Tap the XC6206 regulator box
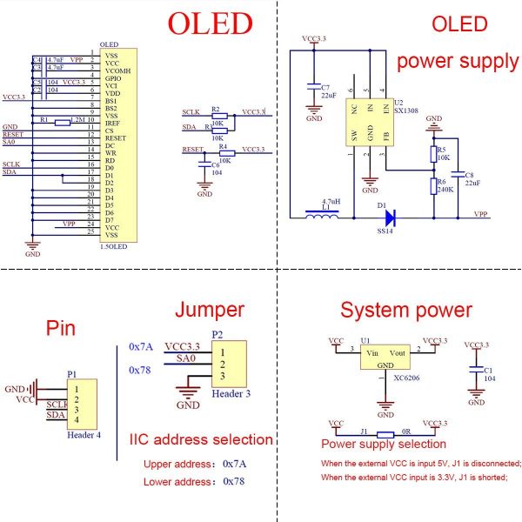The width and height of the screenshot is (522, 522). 385,360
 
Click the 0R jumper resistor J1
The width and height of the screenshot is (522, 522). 385,432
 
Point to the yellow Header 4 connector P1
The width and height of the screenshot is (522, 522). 83,403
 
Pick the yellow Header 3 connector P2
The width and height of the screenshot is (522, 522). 229,364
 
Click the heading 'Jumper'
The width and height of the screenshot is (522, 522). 209,310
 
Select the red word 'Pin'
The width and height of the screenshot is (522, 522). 61,329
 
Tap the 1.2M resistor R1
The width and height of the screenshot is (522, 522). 62,123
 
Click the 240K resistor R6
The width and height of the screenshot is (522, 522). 433,184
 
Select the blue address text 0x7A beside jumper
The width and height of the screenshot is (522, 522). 140,346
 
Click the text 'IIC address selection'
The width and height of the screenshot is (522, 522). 200,439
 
